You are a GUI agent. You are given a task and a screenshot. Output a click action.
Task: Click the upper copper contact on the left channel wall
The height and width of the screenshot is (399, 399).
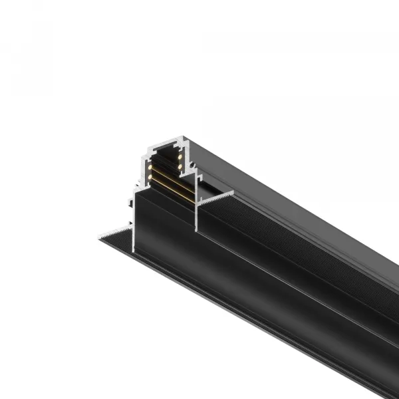(x=150, y=167)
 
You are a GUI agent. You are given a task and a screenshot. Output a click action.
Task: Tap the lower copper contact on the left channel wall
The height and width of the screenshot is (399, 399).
(x=150, y=176)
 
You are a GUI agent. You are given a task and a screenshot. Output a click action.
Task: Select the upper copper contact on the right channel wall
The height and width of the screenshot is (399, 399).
(x=180, y=157)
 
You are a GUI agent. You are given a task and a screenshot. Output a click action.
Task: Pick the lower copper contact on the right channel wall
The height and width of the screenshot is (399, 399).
(x=180, y=166)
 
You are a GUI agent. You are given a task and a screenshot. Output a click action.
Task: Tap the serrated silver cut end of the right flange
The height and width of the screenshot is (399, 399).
(x=215, y=198)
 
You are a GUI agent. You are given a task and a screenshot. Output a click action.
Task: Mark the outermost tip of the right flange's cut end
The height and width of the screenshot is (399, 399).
(x=233, y=191)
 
